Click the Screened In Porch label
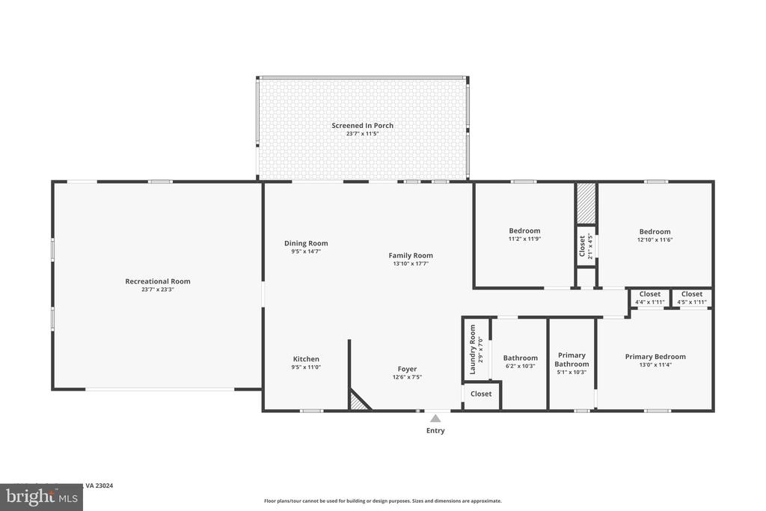[x=362, y=126]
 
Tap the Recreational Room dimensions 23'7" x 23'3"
[x=157, y=290]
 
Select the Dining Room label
[x=306, y=243]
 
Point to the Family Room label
[x=411, y=255]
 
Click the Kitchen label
[x=306, y=359]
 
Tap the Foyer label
[x=407, y=369]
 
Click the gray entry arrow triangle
[x=435, y=419]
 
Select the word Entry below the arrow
[x=435, y=431]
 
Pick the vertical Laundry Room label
[x=473, y=350]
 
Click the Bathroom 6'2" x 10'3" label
[x=520, y=358]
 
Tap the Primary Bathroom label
[x=572, y=360]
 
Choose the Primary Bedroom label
[x=655, y=357]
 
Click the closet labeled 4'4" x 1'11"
[x=650, y=294]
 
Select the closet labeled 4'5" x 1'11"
[x=692, y=294]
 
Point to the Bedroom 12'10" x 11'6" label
[x=655, y=232]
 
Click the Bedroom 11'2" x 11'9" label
[x=524, y=231]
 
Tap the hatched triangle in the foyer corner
[x=358, y=403]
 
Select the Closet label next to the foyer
[x=481, y=394]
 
